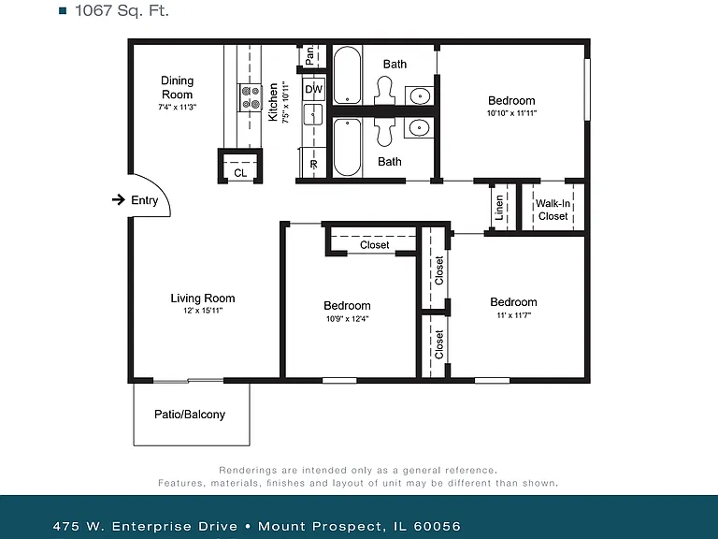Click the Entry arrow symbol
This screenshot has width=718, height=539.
pyautogui.click(x=119, y=199)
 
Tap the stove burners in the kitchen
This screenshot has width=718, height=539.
pyautogui.click(x=250, y=97)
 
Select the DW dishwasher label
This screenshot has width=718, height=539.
pyautogui.click(x=314, y=89)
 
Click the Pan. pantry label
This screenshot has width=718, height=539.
pyautogui.click(x=310, y=55)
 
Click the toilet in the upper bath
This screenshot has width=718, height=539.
pyautogui.click(x=384, y=90)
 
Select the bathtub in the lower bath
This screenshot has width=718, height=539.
pyautogui.click(x=347, y=147)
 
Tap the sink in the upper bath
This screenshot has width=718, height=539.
pyautogui.click(x=420, y=96)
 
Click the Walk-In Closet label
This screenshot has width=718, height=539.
pyautogui.click(x=553, y=210)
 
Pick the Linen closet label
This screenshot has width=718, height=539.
pyautogui.click(x=499, y=208)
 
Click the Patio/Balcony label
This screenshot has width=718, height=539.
pyautogui.click(x=190, y=415)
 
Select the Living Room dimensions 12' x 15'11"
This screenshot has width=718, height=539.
pyautogui.click(x=203, y=311)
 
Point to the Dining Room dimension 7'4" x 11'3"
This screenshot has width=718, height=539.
pyautogui.click(x=178, y=107)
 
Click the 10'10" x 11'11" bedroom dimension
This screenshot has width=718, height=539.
pyautogui.click(x=511, y=112)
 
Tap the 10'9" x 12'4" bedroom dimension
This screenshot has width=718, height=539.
pyautogui.click(x=347, y=318)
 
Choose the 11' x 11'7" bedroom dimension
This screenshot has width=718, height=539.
pyautogui.click(x=514, y=314)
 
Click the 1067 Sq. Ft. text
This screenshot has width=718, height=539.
pyautogui.click(x=122, y=10)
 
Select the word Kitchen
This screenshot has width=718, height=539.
pyautogui.click(x=273, y=102)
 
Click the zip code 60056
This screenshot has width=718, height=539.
pyautogui.click(x=437, y=526)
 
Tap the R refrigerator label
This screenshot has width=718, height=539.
pyautogui.click(x=314, y=164)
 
